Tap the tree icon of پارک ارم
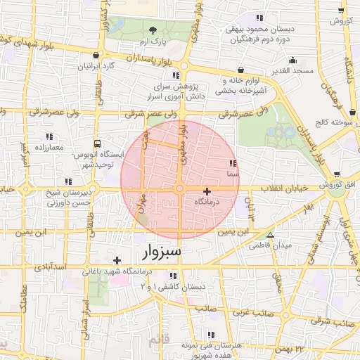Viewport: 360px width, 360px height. (153, 30)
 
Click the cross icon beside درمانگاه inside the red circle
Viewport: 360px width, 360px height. (207, 191)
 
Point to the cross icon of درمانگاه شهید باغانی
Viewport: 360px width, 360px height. (117, 261)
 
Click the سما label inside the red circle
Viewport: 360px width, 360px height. (233, 172)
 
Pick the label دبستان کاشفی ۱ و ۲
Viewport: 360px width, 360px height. (174, 287)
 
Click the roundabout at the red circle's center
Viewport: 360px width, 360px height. (180, 188)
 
